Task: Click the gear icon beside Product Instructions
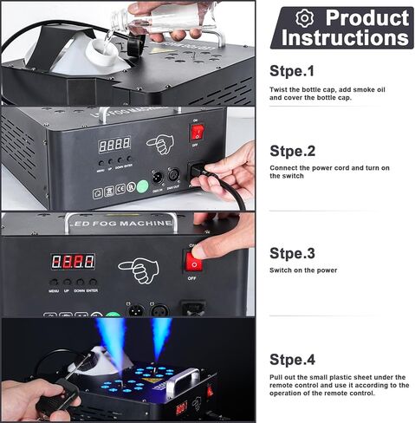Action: [x=304, y=18]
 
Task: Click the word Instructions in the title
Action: [x=344, y=38]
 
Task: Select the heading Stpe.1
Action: [x=293, y=71]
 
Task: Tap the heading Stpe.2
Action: [x=293, y=150]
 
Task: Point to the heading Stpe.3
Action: [x=293, y=253]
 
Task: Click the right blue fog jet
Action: [x=162, y=339]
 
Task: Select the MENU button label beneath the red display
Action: [x=55, y=290]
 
